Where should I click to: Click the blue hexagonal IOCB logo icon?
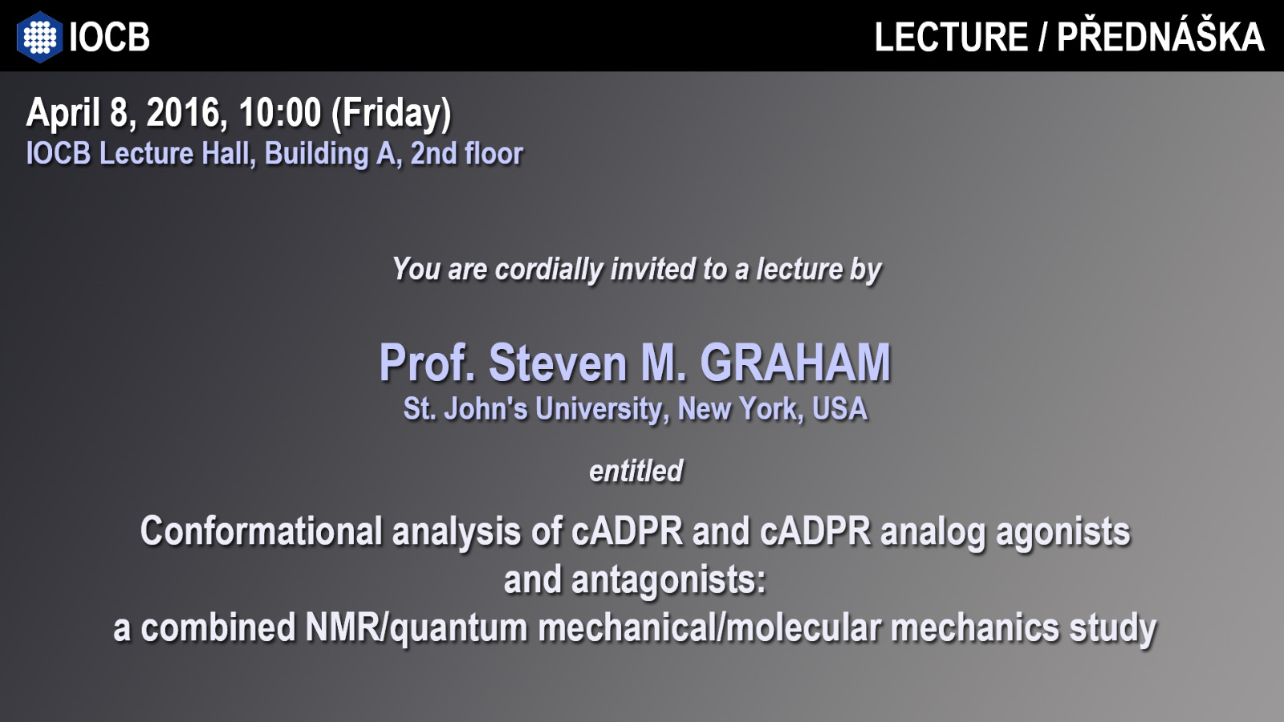point(39,37)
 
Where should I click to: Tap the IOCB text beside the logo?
point(109,37)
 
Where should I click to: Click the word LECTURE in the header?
point(951,37)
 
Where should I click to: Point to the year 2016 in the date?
point(183,112)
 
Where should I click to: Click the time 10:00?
point(280,112)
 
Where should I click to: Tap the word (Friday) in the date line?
point(392,114)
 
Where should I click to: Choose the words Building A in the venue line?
point(331,153)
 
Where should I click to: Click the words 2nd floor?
point(466,153)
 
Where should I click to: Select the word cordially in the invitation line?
point(549,270)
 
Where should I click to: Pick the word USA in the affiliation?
point(839,409)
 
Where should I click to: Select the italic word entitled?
point(636,471)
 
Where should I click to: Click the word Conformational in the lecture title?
point(262,531)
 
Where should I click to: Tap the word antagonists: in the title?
point(668,580)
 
